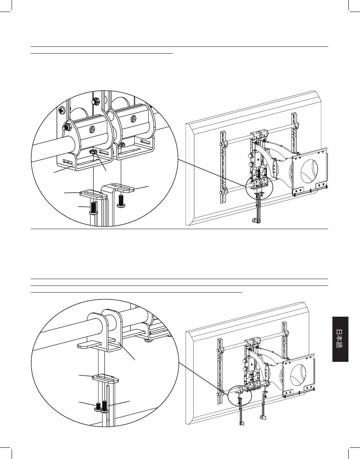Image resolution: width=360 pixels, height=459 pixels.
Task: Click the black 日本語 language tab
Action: (x=340, y=339)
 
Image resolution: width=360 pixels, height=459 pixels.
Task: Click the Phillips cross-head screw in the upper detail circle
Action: (x=62, y=111)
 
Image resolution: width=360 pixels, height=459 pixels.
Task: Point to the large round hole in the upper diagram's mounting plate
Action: (x=309, y=170)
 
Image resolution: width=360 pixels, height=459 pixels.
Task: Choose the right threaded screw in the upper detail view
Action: (x=120, y=201)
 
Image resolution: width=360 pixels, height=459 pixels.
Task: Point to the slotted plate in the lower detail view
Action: (x=106, y=378)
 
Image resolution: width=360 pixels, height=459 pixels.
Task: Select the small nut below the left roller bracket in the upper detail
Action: (x=94, y=152)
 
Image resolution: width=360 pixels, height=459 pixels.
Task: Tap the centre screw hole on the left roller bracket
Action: (x=92, y=130)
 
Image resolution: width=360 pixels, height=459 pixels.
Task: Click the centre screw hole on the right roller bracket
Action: (x=133, y=119)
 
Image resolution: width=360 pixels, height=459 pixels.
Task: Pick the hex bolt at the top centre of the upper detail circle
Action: (x=96, y=102)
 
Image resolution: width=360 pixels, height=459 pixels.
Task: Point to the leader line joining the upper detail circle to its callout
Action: (x=212, y=174)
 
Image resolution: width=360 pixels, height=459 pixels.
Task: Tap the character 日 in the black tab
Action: (x=340, y=332)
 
